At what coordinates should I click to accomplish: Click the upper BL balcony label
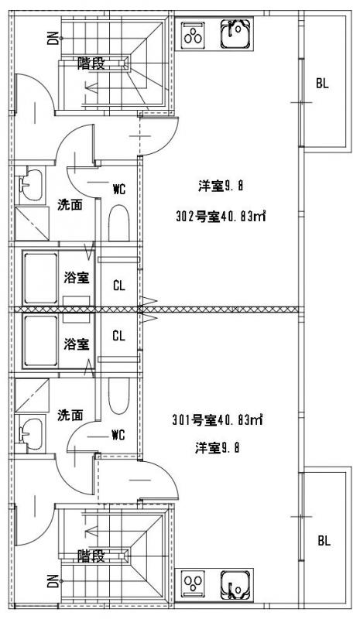click(x=323, y=84)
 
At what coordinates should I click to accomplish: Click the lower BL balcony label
click(x=324, y=540)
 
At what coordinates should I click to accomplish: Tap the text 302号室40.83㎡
click(x=221, y=217)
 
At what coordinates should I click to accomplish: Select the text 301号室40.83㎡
click(x=218, y=420)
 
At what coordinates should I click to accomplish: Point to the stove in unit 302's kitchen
click(x=193, y=33)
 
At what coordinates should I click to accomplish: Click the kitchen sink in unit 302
click(x=236, y=33)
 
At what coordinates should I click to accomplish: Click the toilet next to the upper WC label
click(x=119, y=223)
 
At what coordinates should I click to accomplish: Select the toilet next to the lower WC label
click(x=119, y=396)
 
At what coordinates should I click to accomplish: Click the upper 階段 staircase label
click(x=91, y=63)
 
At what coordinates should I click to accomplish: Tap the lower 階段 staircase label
click(x=91, y=556)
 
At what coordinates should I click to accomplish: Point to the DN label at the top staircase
click(x=53, y=38)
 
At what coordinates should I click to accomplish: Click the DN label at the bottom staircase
click(x=53, y=581)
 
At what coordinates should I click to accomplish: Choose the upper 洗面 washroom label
click(x=70, y=205)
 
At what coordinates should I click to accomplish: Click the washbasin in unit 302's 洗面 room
click(x=31, y=185)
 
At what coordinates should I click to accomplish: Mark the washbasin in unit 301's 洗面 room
click(x=31, y=434)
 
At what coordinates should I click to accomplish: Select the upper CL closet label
click(x=119, y=285)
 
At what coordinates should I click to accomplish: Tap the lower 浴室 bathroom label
click(x=77, y=344)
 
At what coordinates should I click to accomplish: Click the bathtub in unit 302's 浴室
click(x=41, y=279)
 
